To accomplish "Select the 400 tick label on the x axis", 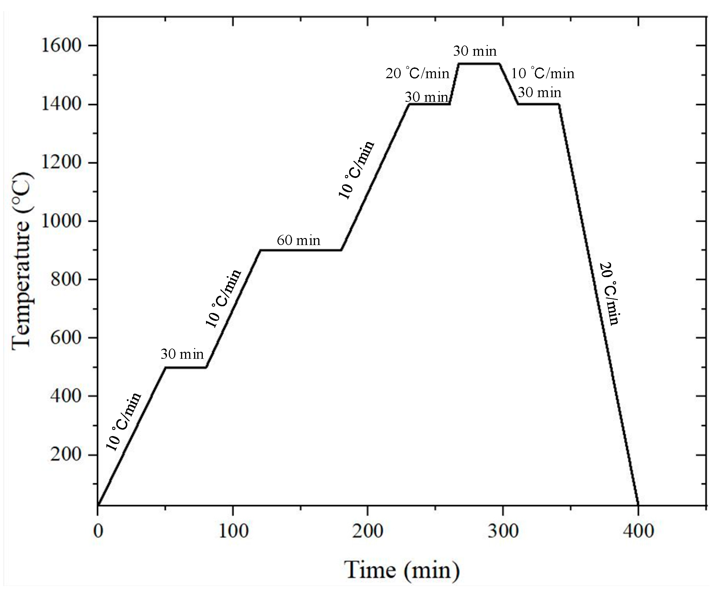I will tap(638, 532).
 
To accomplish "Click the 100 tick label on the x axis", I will tap(233, 532).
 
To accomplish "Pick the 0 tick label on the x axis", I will tap(98, 532).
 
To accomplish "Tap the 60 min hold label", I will tap(298, 240).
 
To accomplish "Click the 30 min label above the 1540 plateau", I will tap(475, 51).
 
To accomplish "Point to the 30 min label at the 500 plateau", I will tap(182, 354).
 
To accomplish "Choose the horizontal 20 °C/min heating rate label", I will tap(417, 74).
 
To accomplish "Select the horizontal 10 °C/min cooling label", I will tap(543, 74).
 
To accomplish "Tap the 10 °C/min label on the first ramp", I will tap(124, 422).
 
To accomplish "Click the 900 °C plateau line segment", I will tap(300, 250).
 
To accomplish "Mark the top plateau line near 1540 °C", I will tap(479, 64).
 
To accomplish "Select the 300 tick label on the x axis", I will tap(503, 532).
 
